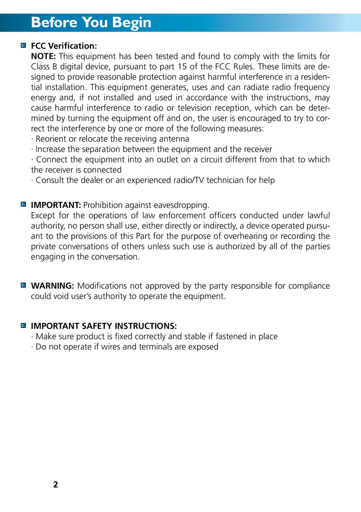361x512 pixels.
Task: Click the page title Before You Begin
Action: click(91, 23)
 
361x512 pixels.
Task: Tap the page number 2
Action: click(56, 485)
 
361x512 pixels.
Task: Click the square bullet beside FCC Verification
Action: click(23, 46)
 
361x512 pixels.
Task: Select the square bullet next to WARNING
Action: click(23, 286)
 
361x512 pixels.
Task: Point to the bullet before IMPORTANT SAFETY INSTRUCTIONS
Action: click(23, 325)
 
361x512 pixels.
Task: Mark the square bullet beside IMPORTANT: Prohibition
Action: click(23, 204)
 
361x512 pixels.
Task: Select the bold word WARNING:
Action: click(52, 286)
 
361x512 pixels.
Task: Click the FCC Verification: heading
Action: click(64, 46)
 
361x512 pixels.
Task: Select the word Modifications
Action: click(102, 286)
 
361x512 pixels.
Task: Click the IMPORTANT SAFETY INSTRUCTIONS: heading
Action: click(104, 326)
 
